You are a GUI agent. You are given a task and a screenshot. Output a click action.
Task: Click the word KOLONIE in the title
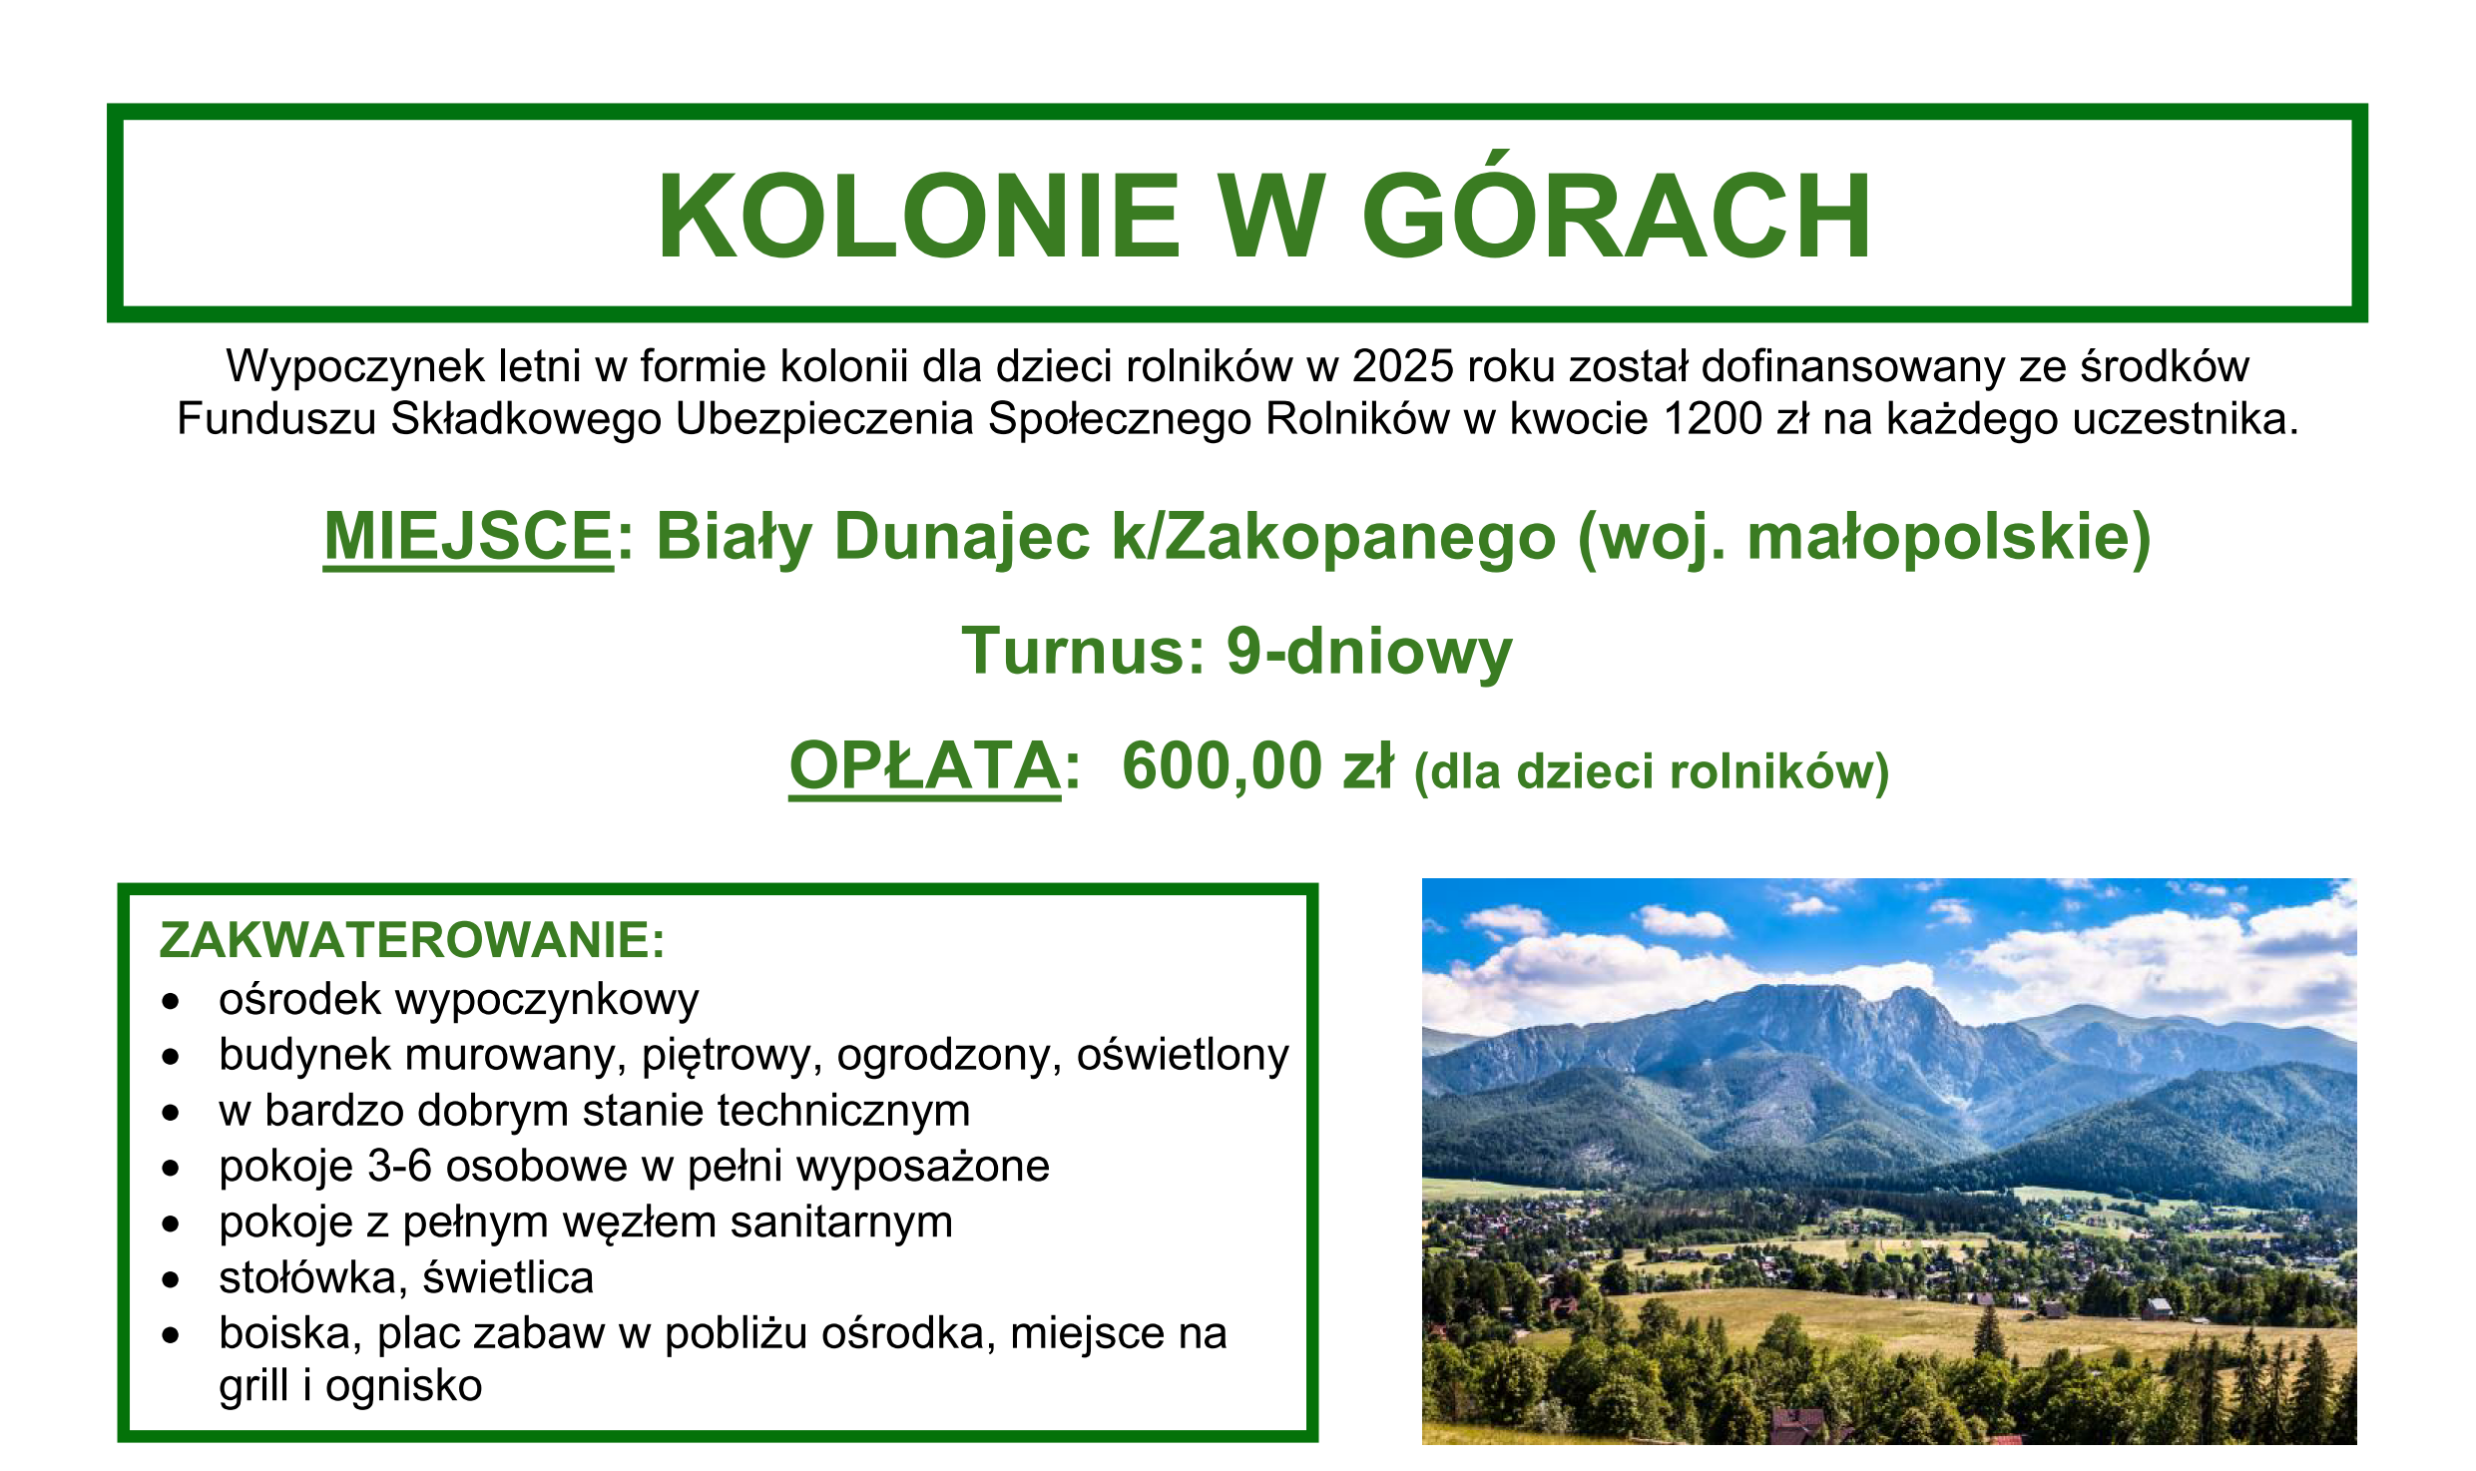(x=918, y=217)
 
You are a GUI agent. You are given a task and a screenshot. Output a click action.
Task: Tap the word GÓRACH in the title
(x=1617, y=217)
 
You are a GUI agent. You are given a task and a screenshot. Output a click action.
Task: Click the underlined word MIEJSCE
(x=468, y=536)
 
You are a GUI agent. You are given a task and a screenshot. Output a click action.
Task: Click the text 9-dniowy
(x=1369, y=651)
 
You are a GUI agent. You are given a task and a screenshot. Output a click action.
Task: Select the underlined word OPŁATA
(x=924, y=765)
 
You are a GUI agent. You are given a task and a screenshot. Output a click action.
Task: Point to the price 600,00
(x=1223, y=765)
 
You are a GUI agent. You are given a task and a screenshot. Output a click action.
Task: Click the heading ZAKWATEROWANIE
(x=411, y=940)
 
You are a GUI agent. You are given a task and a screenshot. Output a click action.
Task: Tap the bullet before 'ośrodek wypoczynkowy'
(x=172, y=1001)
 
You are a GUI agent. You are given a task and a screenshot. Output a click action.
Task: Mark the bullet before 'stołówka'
(x=172, y=1279)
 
